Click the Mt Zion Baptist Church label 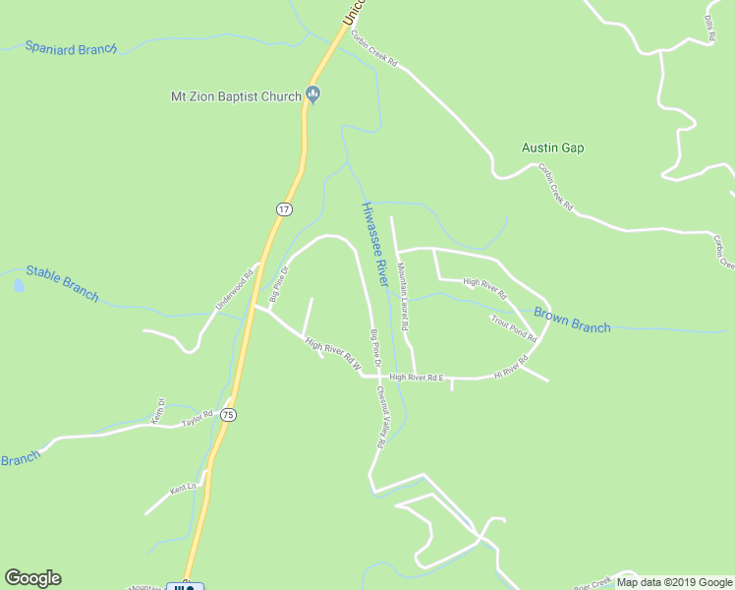pyautogui.click(x=234, y=95)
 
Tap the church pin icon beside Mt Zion pyautogui.click(x=313, y=94)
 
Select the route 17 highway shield pyautogui.click(x=283, y=209)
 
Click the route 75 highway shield pyautogui.click(x=228, y=415)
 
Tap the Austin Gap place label pyautogui.click(x=552, y=147)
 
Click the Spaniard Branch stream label pyautogui.click(x=71, y=47)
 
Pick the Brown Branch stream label pyautogui.click(x=572, y=321)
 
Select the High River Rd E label pyautogui.click(x=417, y=377)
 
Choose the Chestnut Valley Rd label pyautogui.click(x=379, y=417)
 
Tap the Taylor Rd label pyautogui.click(x=198, y=420)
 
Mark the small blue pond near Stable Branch pyautogui.click(x=19, y=286)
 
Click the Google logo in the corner pyautogui.click(x=32, y=578)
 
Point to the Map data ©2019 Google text pyautogui.click(x=675, y=582)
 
